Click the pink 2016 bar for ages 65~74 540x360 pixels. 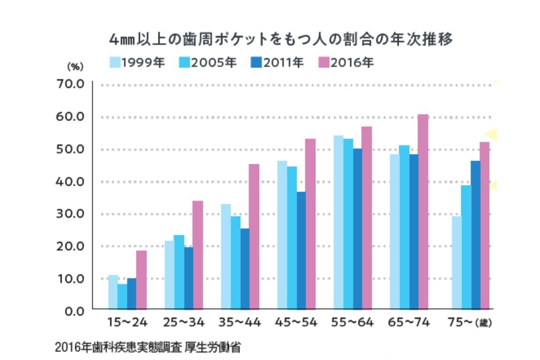(x=423, y=211)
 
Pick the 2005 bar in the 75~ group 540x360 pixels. (x=466, y=247)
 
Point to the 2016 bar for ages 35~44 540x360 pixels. (x=254, y=236)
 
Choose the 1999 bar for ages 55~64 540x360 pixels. (x=338, y=222)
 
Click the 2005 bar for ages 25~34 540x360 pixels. (x=179, y=272)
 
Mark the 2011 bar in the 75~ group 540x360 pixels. (x=475, y=234)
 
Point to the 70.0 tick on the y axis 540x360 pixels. (x=72, y=84)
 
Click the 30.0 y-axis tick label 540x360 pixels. (x=72, y=213)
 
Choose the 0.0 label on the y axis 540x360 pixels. (x=74, y=310)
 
